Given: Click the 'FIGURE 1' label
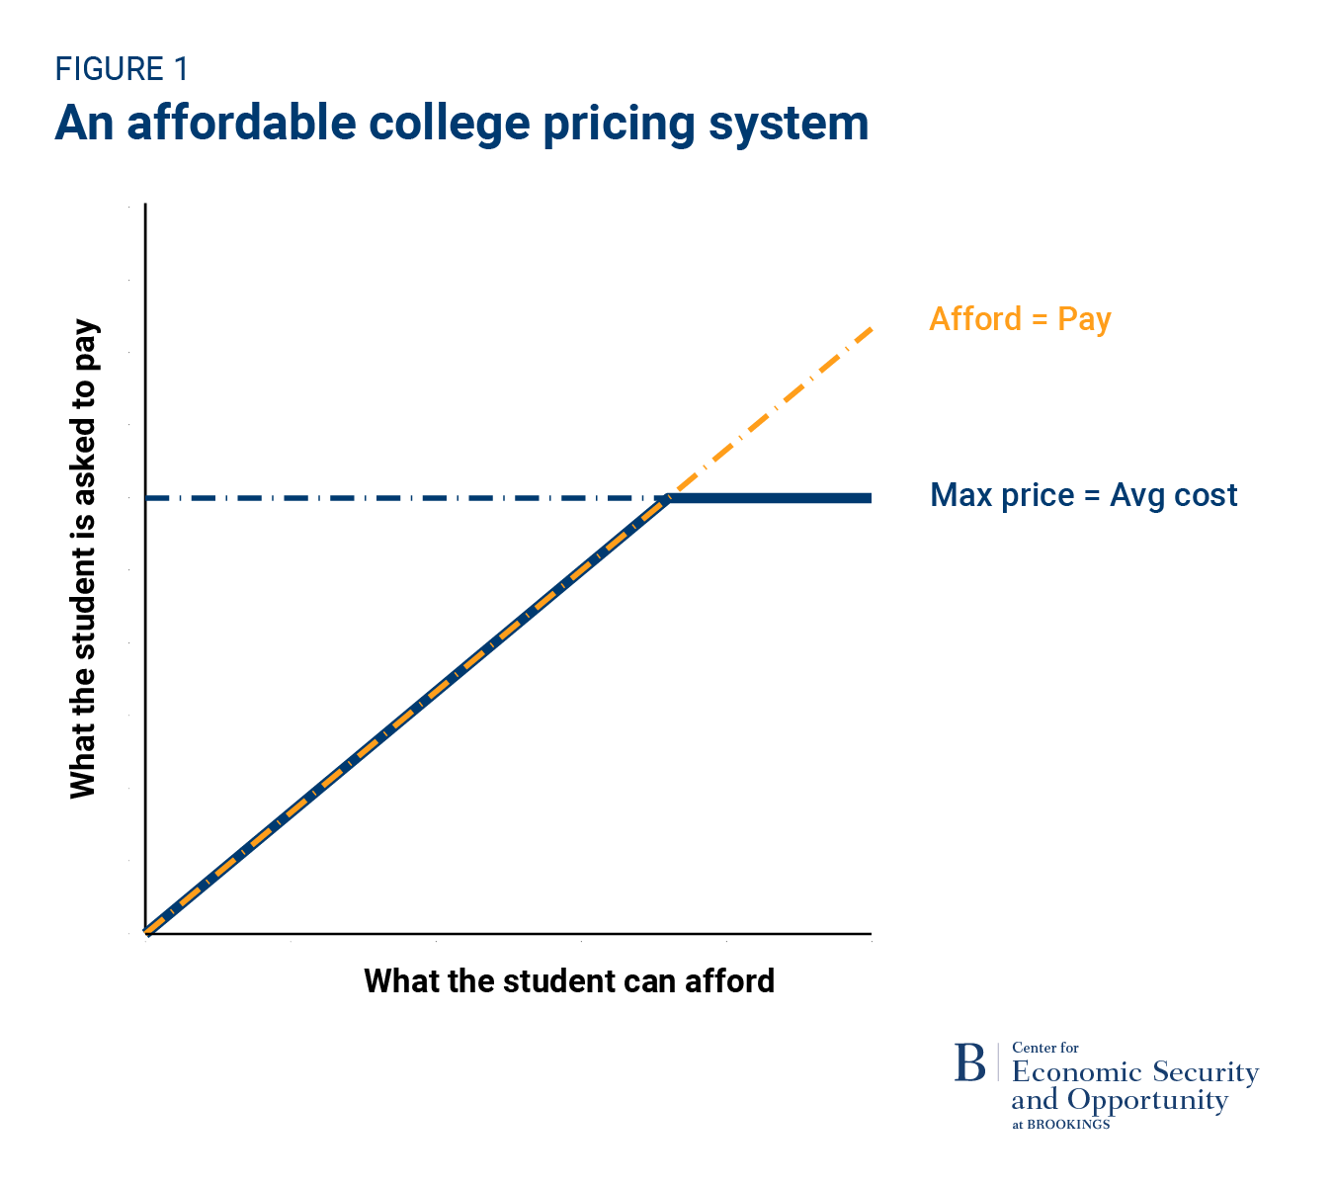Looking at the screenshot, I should coord(121,69).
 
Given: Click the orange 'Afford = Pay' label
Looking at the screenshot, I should coord(1020,319).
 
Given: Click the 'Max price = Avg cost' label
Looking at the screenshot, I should coord(1083,495).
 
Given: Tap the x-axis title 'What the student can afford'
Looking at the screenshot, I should coord(569,981).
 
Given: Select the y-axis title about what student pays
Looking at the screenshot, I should coord(84,559).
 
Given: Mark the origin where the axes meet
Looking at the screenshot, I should coord(146,932).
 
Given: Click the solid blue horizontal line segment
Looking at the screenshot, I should coord(771,498).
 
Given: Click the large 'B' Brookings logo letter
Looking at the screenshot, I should coord(969,1063).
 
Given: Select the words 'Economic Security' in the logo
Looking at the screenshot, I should coord(1135,1072).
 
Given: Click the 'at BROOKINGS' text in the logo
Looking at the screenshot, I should coord(1060,1125).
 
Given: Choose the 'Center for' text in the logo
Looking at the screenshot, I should coord(1045,1048).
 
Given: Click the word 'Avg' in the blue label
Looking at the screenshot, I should coord(1137,495).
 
